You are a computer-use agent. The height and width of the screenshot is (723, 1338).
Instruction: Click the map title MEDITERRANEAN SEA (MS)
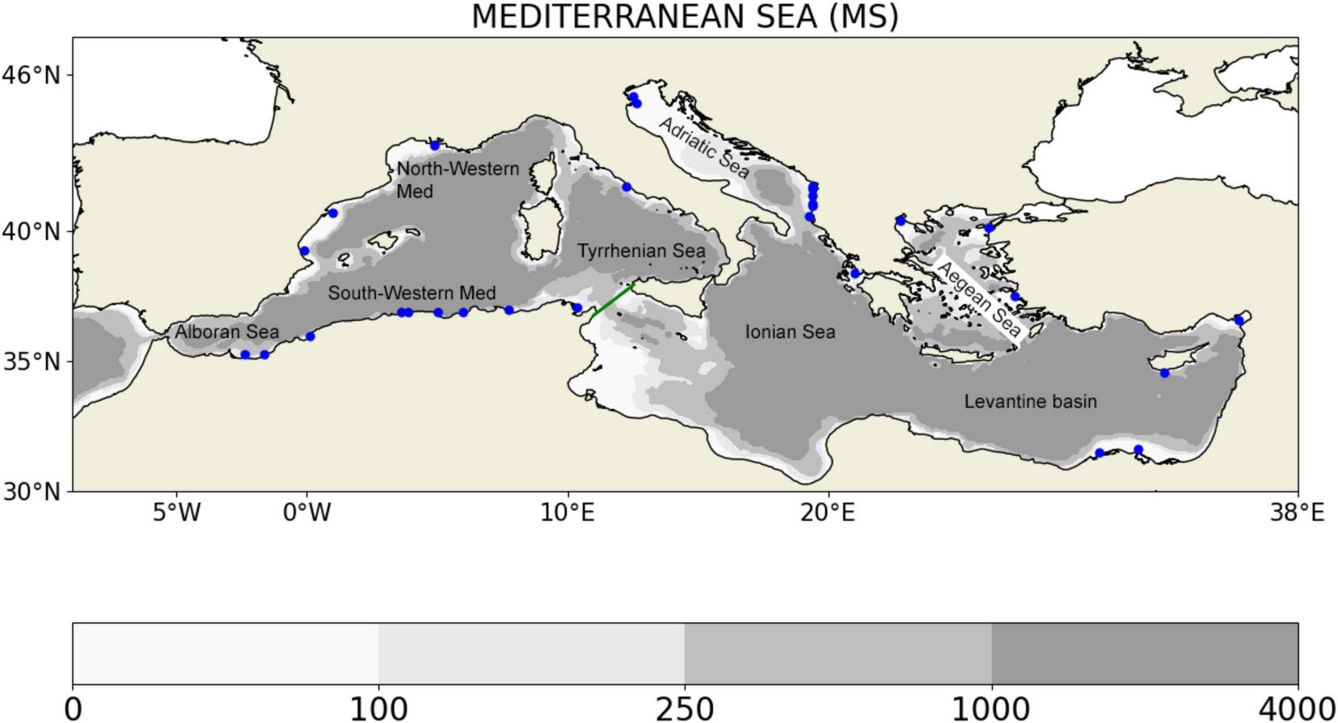coord(685,16)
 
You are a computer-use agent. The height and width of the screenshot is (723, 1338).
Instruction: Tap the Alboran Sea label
coord(226,332)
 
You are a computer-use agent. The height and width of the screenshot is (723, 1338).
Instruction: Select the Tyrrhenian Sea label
coord(641,251)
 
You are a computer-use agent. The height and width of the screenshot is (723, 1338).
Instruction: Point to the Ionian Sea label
coord(790,332)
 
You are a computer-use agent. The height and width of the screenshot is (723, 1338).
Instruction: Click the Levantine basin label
coord(1030,401)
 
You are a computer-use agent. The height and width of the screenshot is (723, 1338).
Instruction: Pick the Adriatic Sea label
coord(703,147)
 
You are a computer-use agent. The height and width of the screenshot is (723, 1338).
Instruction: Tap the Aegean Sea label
coord(977,299)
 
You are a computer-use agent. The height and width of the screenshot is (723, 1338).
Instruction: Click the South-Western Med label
coord(412,293)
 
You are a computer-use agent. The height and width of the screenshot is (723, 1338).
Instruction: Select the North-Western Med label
coord(458,180)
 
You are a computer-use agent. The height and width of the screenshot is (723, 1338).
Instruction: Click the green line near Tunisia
coord(614,298)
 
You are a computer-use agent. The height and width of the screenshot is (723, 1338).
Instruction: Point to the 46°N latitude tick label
coord(31,75)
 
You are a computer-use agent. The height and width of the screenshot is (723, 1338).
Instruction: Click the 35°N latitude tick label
coord(31,361)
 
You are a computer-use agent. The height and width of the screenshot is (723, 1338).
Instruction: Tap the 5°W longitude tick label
coord(176,512)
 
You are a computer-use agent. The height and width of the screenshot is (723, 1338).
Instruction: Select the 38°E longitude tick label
coord(1297,512)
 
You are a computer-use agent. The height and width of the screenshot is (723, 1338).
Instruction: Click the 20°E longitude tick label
coord(828,512)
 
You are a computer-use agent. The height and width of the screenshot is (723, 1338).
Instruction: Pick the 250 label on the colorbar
coord(684,709)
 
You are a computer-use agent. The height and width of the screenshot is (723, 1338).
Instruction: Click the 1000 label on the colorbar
coord(990,709)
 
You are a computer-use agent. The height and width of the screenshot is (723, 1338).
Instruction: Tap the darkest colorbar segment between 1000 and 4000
coord(1144,653)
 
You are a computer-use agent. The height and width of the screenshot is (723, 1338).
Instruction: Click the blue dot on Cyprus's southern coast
coord(1164,373)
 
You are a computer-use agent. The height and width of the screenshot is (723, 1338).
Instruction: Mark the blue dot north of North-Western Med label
coord(435,146)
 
